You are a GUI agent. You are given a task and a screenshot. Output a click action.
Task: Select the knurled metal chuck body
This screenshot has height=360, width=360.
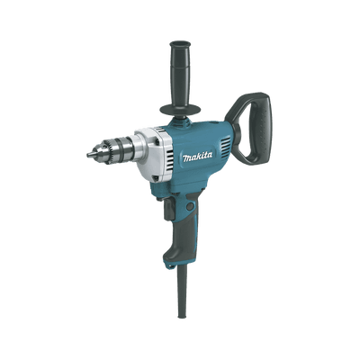[112, 149]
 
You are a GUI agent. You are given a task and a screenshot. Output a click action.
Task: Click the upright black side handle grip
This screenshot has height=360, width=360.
[181, 72]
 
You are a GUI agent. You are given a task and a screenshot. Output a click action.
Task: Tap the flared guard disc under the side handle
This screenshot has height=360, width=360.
[181, 108]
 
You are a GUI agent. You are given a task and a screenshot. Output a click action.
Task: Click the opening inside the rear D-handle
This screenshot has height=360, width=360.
[247, 126]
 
